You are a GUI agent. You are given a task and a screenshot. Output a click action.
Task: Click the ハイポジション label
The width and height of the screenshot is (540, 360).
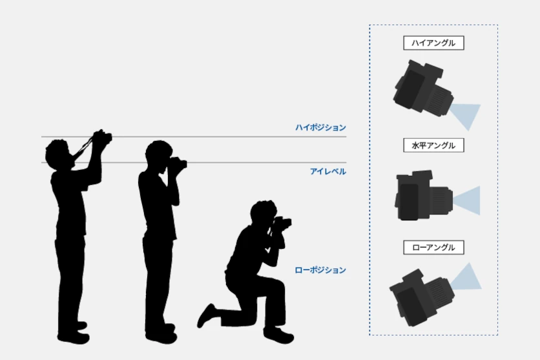click(x=320, y=128)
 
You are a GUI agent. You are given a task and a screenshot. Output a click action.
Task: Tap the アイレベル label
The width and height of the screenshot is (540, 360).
click(x=327, y=171)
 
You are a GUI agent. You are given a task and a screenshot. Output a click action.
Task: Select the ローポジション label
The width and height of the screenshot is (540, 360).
click(x=320, y=270)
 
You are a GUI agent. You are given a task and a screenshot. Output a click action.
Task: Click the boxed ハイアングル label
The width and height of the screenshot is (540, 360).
click(x=433, y=43)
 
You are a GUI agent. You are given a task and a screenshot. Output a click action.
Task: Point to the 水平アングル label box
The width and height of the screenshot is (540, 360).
click(x=433, y=145)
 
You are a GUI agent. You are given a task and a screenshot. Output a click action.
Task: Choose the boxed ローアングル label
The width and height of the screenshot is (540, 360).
click(x=433, y=247)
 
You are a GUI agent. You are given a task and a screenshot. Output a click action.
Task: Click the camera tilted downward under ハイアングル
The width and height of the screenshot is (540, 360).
click(x=423, y=89)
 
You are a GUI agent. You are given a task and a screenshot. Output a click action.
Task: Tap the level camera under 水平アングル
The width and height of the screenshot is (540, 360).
click(x=423, y=196)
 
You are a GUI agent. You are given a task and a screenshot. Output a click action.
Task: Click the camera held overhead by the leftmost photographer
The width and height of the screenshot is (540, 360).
click(x=101, y=137)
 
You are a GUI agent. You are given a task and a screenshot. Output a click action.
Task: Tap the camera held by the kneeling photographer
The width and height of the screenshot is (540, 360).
click(x=282, y=224)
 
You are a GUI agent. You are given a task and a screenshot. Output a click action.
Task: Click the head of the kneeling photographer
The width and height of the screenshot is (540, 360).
click(x=263, y=213)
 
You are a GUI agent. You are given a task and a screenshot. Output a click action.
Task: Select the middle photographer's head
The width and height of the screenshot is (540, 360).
click(x=157, y=154)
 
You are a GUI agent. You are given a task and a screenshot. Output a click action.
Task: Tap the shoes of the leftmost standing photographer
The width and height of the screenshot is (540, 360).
click(x=73, y=334)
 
